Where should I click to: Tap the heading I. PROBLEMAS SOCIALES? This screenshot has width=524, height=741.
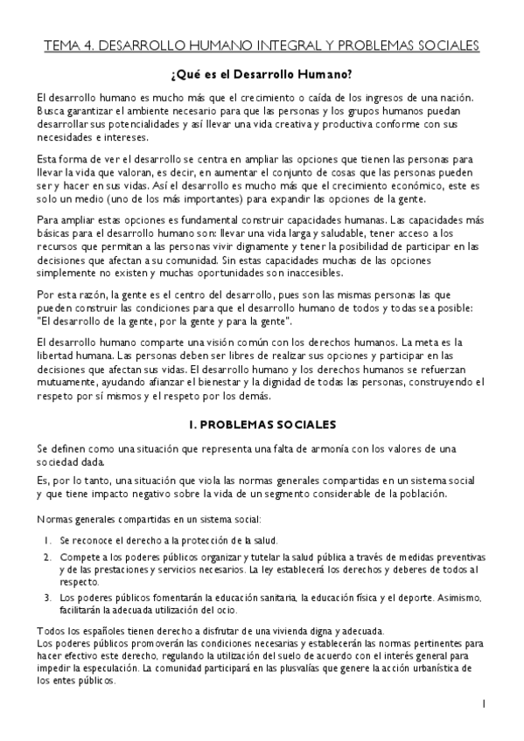click(262, 425)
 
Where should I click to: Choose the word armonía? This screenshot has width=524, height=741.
click(306, 448)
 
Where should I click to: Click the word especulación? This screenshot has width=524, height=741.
click(102, 668)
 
